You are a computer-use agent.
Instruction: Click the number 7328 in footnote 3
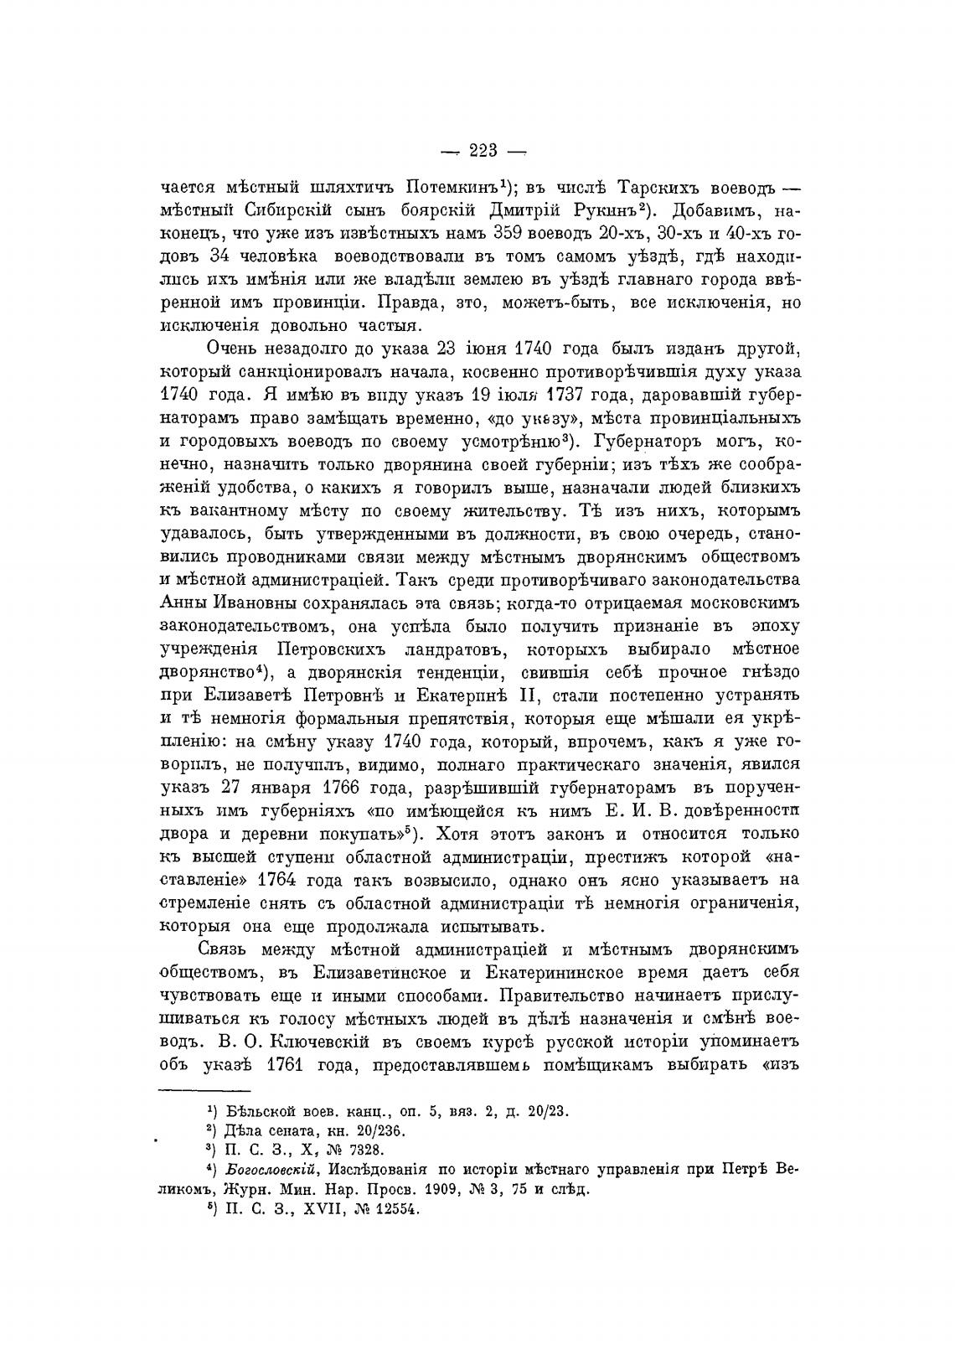pyautogui.click(x=365, y=1149)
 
